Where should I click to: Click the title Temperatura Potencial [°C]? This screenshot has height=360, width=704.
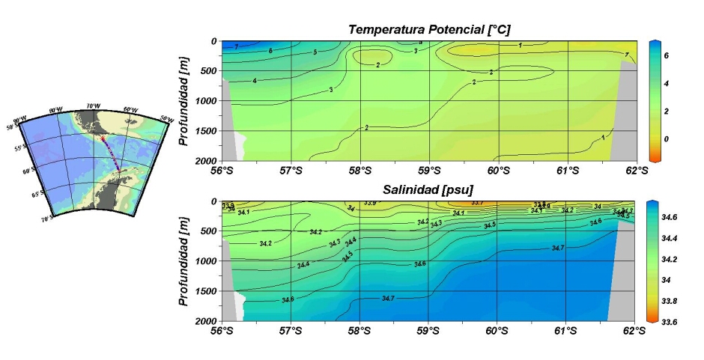click(429, 29)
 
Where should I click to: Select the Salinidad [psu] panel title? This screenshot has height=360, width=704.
click(429, 190)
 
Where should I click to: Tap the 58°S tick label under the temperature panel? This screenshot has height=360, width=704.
click(359, 171)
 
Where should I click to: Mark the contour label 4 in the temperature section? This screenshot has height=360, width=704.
click(255, 80)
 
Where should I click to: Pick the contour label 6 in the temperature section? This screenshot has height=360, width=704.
click(270, 50)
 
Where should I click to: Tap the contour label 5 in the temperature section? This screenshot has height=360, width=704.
click(315, 52)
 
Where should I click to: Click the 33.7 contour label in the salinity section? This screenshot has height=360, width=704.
click(477, 203)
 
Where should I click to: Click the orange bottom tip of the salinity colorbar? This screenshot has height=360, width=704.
click(653, 318)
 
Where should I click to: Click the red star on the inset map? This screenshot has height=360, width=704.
click(103, 137)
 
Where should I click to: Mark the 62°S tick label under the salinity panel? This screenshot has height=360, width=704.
click(636, 331)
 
